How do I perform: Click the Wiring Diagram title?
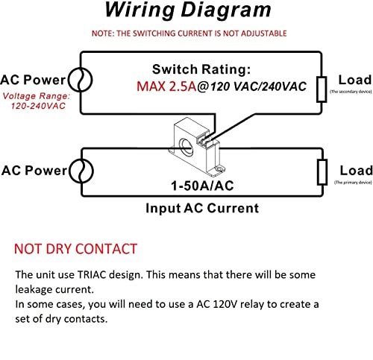point(187,10)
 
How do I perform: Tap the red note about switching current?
point(186,34)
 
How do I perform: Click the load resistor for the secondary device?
point(322,86)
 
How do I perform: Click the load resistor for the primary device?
point(322,171)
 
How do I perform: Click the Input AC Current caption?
point(202,208)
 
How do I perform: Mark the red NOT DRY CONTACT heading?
point(75,248)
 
